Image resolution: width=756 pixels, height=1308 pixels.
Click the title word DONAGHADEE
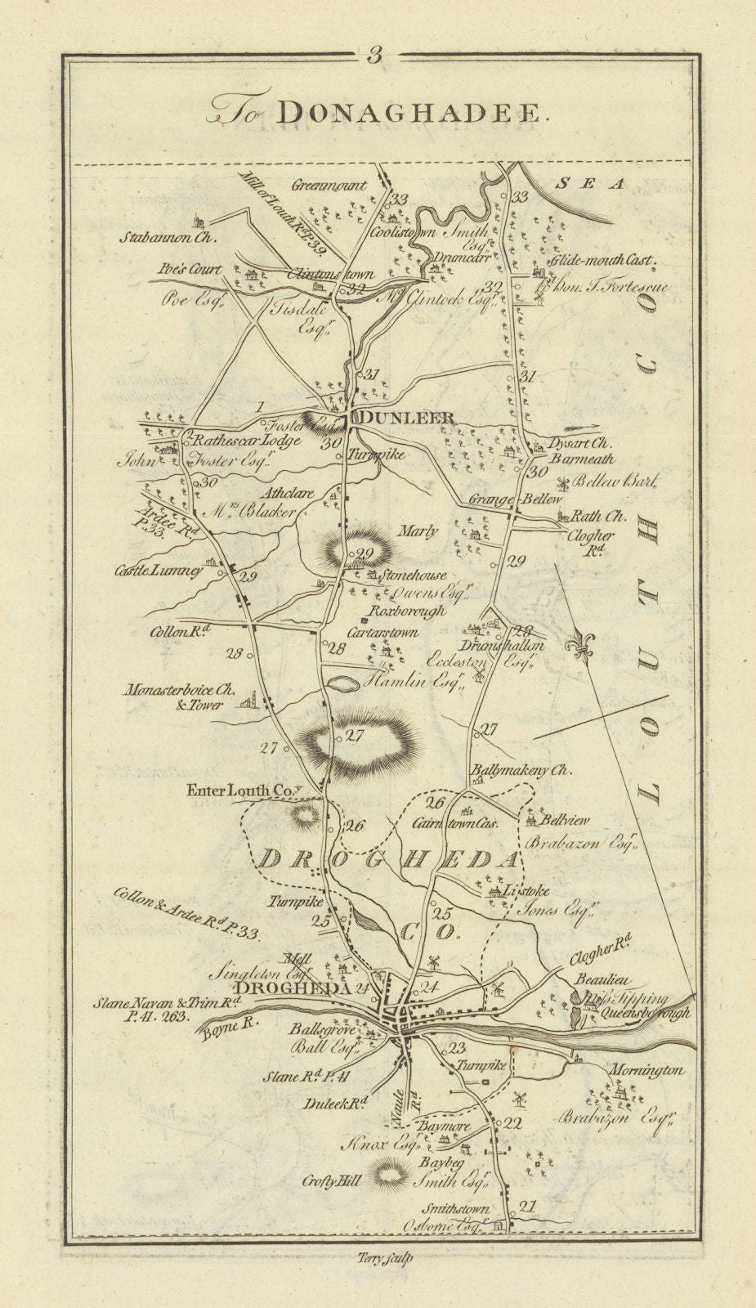tap(409, 114)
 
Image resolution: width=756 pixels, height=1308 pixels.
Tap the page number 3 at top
tap(375, 56)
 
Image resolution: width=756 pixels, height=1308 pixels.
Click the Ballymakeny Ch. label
tap(521, 770)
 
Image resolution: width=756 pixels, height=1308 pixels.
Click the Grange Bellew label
tap(504, 499)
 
